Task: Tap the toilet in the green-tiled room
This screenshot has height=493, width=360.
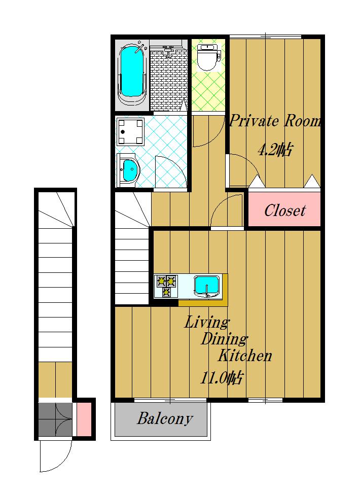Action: click(x=208, y=57)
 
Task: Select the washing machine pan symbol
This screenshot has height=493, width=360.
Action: click(x=130, y=132)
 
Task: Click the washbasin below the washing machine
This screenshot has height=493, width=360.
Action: click(x=128, y=170)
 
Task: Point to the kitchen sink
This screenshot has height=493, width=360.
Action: click(x=206, y=286)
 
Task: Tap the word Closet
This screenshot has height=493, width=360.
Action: click(x=284, y=210)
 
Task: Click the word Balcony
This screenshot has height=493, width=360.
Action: click(x=165, y=419)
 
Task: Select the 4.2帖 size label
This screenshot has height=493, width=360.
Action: click(x=276, y=150)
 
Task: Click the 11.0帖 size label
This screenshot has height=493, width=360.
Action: click(x=222, y=377)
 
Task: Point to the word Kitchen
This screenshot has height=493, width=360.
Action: click(x=244, y=355)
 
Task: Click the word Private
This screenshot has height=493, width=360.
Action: click(x=254, y=121)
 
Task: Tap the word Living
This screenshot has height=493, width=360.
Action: click(x=206, y=322)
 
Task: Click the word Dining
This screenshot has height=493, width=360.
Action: click(x=224, y=339)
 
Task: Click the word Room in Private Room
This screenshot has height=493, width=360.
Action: click(x=303, y=121)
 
